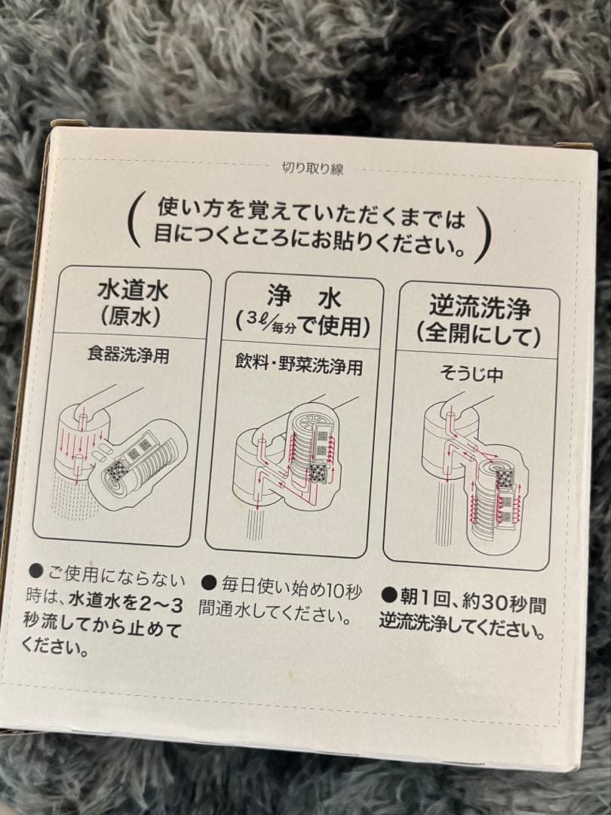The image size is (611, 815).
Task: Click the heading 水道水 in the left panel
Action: pos(131,291)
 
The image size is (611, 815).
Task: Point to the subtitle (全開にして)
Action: pos(480,333)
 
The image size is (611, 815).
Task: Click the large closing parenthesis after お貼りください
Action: pos(493,227)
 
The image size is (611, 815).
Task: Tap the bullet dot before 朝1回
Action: pos(386,595)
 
